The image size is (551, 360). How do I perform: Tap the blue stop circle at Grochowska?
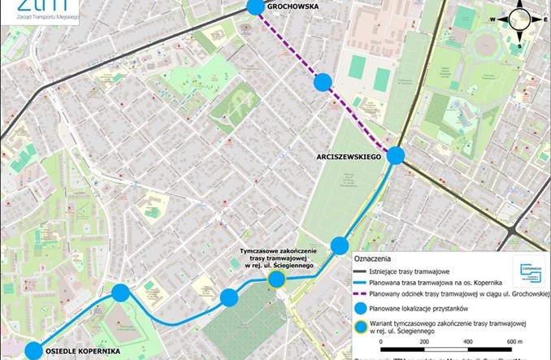tap(255, 7)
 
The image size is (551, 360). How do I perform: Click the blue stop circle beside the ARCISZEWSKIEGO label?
tap(396, 156)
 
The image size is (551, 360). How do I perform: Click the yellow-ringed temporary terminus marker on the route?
tap(276, 280)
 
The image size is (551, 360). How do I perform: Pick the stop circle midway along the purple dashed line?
tap(323, 81)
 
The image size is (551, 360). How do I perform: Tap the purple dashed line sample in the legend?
tap(361, 294)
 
